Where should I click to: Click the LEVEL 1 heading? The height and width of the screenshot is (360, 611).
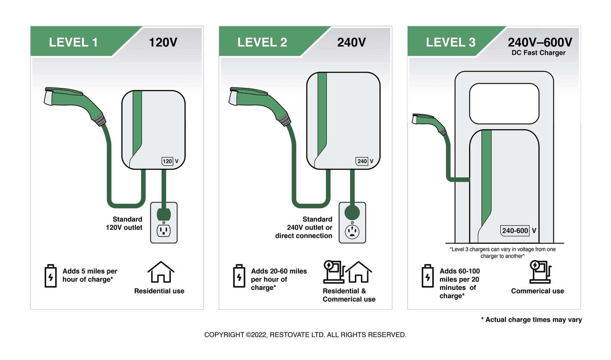point(73,42)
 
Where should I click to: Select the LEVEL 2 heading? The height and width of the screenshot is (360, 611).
point(262,42)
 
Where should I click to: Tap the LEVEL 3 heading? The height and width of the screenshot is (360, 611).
point(451,42)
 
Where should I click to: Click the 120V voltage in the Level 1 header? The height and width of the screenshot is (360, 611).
point(163,42)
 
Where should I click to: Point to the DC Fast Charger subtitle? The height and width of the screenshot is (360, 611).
point(538,53)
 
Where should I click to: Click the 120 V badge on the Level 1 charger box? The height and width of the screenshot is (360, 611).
point(170,161)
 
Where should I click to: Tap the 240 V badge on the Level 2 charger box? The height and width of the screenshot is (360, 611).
point(365,161)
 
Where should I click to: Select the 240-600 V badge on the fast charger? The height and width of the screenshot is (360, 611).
point(519,230)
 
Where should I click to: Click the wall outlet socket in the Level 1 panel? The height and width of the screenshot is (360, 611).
point(164,231)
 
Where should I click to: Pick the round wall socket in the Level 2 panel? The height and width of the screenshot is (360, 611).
point(352,232)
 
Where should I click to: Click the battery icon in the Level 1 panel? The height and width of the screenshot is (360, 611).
point(51,276)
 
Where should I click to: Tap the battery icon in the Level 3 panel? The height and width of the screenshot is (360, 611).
point(428,276)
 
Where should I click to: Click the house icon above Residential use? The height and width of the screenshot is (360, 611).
point(161,272)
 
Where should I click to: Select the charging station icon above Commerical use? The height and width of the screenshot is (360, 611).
point(540,272)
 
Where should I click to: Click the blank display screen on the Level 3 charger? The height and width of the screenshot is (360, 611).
point(504,104)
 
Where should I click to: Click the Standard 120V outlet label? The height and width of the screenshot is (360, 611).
point(124,223)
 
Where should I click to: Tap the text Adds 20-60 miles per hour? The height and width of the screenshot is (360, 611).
point(279,275)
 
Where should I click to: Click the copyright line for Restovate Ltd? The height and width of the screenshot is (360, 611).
point(305,335)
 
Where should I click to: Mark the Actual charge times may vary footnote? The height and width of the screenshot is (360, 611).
point(531,319)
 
